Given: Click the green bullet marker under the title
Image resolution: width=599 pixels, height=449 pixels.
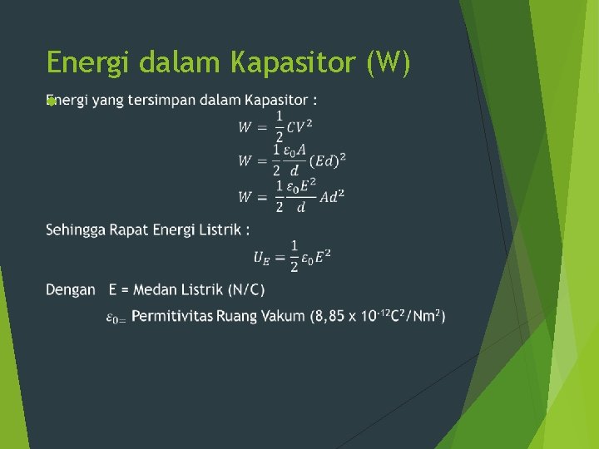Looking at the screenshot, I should pos(51,101).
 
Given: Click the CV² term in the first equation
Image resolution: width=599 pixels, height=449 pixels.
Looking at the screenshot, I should pos(300,127).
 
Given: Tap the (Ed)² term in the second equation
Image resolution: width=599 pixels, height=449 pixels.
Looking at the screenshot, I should pos(330,160).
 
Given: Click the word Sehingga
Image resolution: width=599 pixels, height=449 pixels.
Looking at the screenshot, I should pos(76,229).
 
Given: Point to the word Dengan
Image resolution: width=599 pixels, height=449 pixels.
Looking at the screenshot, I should pos(71,289).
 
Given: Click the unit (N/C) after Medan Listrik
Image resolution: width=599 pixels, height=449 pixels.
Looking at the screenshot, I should pos(247,289).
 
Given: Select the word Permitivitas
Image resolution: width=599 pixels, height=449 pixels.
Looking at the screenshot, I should pos(172,316).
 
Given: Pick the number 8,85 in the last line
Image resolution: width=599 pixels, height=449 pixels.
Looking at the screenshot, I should pos(329,316).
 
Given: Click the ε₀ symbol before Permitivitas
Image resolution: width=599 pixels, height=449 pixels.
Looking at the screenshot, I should pos(115,318).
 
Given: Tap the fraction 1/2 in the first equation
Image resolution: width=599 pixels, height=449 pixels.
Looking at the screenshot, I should pos(280,126).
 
